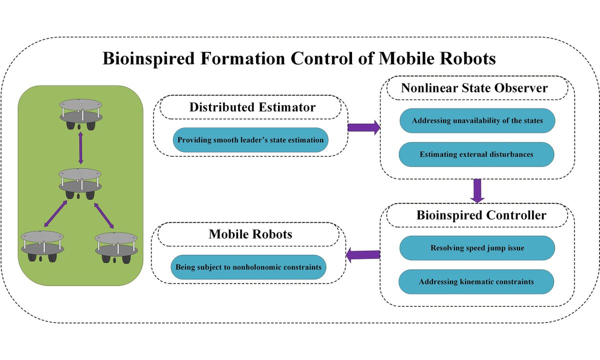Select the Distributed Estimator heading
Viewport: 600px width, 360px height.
click(x=252, y=107)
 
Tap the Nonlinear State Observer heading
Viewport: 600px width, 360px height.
click(x=474, y=88)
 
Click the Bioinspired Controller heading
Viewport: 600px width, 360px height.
click(x=474, y=215)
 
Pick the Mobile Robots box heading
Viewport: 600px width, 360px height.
click(x=250, y=234)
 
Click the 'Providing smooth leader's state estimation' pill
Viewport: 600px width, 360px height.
click(x=251, y=140)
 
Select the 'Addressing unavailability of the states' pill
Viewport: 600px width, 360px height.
click(x=476, y=120)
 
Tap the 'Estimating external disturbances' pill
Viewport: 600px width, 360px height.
click(x=476, y=154)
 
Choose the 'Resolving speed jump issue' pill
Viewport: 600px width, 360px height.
click(x=476, y=248)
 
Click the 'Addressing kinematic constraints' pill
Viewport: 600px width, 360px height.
click(x=476, y=281)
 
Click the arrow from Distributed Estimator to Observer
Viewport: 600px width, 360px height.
click(x=363, y=127)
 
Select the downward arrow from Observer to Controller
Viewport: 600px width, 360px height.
click(x=477, y=190)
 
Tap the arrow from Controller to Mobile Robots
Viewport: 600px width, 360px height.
click(x=363, y=255)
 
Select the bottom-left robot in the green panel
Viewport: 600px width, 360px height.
click(x=42, y=245)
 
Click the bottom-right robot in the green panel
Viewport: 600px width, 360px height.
click(x=116, y=245)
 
